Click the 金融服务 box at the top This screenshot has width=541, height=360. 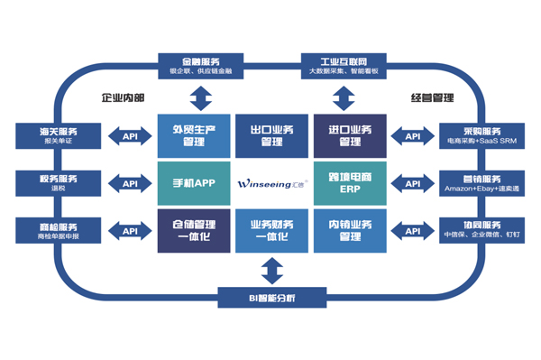pyautogui.click(x=200, y=64)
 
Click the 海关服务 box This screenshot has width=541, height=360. pyautogui.click(x=55, y=135)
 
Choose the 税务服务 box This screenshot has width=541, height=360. pyautogui.click(x=55, y=183)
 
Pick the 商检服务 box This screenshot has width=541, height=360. pyautogui.click(x=55, y=230)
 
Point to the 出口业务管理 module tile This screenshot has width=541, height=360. pyautogui.click(x=271, y=135)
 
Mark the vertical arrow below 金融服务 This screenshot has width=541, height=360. pyautogui.click(x=200, y=97)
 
